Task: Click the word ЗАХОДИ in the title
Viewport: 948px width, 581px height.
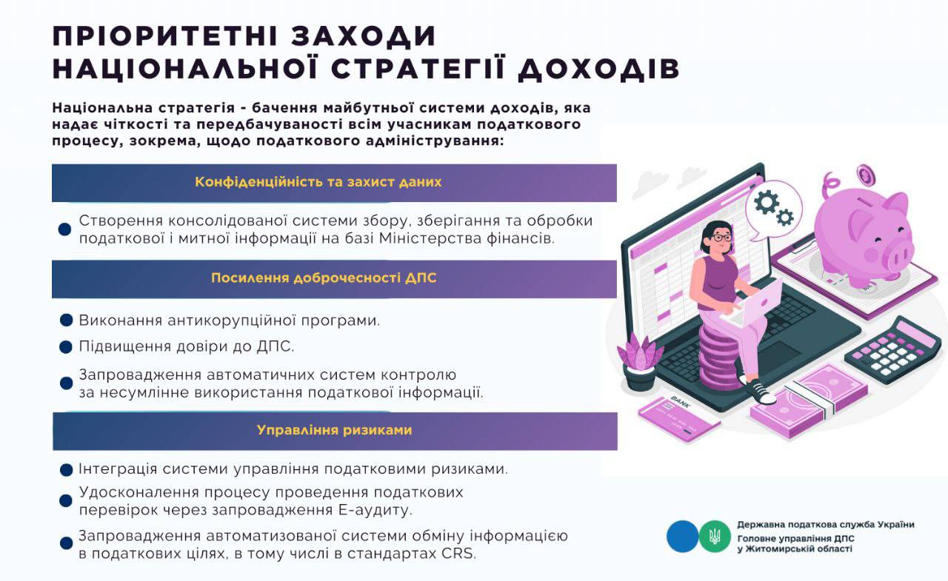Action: (364, 36)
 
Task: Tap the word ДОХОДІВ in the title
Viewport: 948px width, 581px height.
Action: (598, 69)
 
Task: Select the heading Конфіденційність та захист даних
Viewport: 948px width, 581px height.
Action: (318, 182)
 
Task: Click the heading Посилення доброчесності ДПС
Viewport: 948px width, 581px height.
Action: (324, 278)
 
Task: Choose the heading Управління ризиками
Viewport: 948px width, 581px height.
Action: (334, 430)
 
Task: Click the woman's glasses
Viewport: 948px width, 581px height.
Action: (721, 238)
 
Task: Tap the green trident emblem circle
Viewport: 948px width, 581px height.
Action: (715, 536)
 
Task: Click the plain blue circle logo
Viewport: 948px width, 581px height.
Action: (683, 536)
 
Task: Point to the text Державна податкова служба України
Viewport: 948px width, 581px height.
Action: (826, 524)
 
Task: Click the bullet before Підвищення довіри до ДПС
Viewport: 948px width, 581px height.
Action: (66, 347)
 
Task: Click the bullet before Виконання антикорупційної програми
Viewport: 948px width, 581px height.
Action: (66, 320)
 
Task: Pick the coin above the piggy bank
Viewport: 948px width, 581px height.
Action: (867, 175)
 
